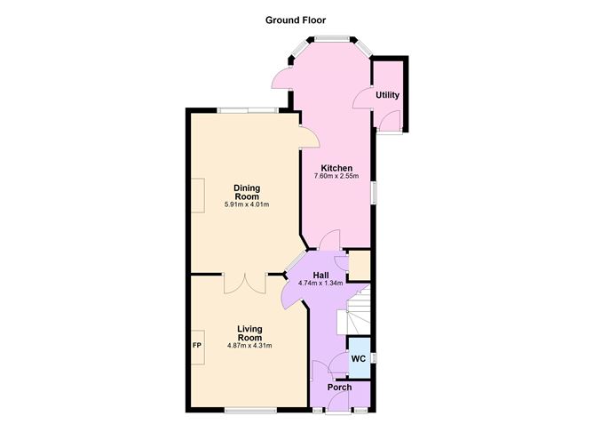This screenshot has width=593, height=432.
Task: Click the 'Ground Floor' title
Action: tap(296, 19)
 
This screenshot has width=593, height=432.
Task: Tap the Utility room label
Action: tap(387, 95)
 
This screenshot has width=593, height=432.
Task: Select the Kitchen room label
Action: tap(337, 168)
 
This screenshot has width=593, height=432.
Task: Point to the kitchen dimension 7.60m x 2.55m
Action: tap(337, 177)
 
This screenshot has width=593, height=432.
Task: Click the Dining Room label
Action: tap(247, 191)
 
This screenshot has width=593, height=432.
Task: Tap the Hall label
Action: tap(321, 275)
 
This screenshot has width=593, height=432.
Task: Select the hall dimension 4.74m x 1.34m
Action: tap(321, 284)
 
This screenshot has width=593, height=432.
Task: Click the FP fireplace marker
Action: tap(196, 346)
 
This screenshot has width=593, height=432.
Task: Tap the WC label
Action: tap(359, 358)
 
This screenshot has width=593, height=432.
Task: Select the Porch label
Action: tap(339, 388)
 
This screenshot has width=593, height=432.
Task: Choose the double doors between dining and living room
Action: tap(245, 282)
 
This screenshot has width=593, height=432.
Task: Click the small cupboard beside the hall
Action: tap(359, 266)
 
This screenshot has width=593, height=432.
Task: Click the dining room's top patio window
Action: tap(248, 110)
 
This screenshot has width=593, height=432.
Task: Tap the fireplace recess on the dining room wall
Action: tap(201, 195)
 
